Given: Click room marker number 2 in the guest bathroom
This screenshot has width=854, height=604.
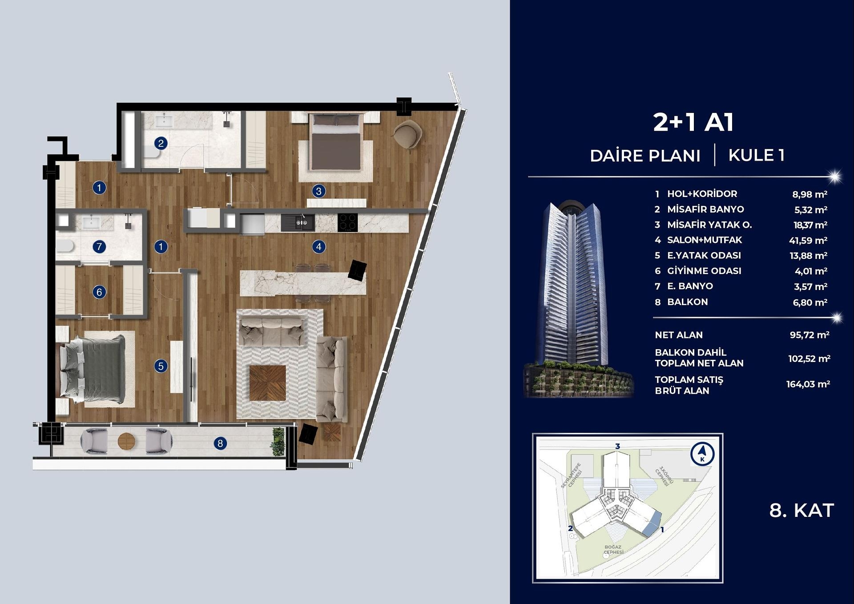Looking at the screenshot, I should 161,143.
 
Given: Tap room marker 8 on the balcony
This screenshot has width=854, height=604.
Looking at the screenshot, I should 220,443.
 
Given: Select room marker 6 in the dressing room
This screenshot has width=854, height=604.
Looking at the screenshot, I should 99,292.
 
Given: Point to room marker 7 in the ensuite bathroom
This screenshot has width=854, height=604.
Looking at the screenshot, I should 99,246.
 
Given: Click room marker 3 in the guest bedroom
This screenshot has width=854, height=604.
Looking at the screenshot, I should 318,191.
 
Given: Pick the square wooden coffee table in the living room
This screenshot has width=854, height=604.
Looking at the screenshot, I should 267,383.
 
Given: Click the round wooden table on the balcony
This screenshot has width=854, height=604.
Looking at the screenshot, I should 126,441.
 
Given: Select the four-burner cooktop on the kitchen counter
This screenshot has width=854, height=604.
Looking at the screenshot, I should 347,222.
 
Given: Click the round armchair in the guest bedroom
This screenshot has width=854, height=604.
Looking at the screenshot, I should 407,135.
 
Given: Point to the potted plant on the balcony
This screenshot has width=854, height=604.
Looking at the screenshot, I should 278,440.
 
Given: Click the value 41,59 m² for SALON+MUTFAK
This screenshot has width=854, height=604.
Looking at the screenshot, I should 808,241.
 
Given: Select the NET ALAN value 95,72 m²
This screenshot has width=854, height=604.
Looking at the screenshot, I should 810,335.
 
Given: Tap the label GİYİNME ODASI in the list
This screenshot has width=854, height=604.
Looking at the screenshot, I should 704,271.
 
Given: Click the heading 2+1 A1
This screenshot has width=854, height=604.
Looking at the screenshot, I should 693,122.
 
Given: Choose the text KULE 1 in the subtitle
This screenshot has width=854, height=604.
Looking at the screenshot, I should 757,155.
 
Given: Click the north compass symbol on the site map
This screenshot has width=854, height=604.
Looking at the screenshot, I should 702,454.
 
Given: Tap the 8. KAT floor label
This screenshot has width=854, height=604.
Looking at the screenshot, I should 802,511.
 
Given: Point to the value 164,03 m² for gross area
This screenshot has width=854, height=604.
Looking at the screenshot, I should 808,384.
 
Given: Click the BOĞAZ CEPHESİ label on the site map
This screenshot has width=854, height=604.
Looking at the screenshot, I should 613,550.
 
